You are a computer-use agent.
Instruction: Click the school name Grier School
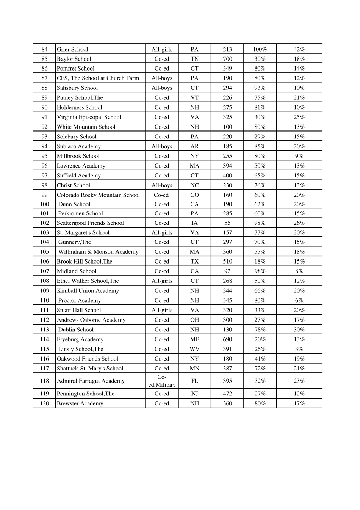72,49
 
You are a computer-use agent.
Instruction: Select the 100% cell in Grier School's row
260,49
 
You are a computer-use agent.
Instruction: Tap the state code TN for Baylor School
194,59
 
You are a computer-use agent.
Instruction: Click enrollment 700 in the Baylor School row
227,59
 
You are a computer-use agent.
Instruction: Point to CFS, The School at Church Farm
98,78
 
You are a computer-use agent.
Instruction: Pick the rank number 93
44,137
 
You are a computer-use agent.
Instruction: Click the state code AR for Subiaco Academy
194,146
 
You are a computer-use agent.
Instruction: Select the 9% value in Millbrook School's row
299,156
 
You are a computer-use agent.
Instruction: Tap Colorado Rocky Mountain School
98,195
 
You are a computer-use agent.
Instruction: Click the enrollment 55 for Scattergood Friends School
227,223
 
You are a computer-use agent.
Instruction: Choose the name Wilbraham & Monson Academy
98,252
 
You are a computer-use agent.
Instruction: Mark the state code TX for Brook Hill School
194,261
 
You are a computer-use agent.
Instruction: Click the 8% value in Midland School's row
299,271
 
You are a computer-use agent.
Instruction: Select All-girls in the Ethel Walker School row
162,281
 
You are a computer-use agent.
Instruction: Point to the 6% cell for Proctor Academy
299,300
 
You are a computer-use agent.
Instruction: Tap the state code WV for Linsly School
194,349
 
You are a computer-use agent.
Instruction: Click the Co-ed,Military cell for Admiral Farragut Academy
162,381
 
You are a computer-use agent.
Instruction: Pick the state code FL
194,381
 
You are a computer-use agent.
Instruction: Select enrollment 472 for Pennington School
227,394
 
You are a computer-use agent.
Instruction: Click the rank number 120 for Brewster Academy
44,403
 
